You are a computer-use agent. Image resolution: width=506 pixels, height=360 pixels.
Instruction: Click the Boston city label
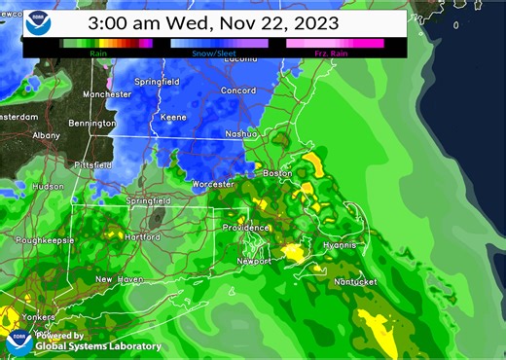click(277, 173)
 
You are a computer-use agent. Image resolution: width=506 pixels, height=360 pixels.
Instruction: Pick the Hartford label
click(141, 236)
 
